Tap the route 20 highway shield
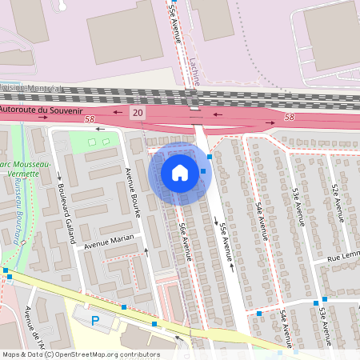[x=138, y=114]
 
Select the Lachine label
[x=195, y=70]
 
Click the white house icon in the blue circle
[x=180, y=173]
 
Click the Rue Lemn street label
[x=342, y=256]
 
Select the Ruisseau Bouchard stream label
[x=17, y=214]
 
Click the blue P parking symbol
[x=95, y=321]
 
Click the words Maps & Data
[x=22, y=354]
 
